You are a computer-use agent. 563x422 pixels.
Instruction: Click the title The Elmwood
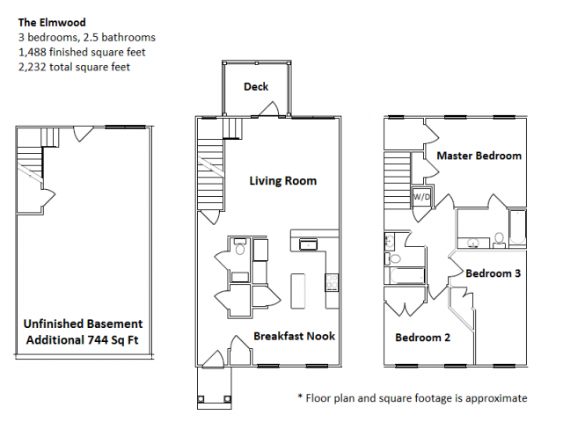tap(52, 23)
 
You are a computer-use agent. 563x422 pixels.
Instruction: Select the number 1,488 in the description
tap(33, 52)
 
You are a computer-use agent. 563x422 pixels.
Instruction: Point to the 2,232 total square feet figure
tap(74, 67)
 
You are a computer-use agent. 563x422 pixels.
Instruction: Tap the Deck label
tap(256, 86)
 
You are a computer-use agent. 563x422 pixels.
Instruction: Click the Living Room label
tap(283, 180)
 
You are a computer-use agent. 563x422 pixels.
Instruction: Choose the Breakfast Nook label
tap(294, 336)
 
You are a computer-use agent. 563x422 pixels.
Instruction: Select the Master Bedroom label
tap(479, 156)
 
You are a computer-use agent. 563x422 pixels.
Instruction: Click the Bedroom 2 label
tap(422, 338)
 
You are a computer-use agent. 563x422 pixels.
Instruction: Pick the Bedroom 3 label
tap(493, 273)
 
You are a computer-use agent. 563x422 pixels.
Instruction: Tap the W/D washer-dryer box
tap(421, 197)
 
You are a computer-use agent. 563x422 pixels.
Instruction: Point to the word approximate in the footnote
tap(496, 398)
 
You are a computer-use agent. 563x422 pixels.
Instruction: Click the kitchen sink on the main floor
tap(308, 244)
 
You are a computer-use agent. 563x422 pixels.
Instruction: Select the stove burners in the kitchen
tap(332, 282)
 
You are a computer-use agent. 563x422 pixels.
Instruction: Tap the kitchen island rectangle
tap(297, 291)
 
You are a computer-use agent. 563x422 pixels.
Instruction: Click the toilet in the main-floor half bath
tap(240, 246)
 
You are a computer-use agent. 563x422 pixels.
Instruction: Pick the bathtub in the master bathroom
tap(517, 228)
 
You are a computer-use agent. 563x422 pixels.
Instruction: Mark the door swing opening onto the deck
tap(268, 109)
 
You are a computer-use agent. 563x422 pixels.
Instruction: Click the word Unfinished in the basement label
tap(52, 324)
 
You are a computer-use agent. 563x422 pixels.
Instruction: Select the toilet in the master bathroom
tap(499, 240)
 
